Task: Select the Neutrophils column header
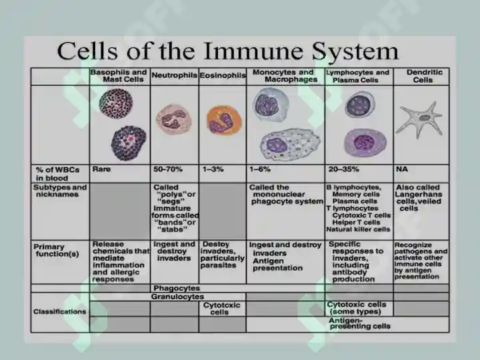pos(174,75)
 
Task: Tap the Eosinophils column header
pos(223,75)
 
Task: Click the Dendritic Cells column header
pos(424,76)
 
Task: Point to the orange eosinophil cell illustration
pos(224,121)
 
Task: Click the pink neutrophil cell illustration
pos(174,120)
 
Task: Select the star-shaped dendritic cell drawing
pos(420,120)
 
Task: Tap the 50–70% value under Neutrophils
pos(168,169)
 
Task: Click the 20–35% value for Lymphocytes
pos(343,169)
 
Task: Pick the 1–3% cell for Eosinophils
pos(213,169)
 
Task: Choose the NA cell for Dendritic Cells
pos(401,169)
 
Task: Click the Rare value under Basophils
pos(101,169)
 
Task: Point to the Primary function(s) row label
pos(57,251)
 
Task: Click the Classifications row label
pos(60,311)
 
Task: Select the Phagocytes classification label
pos(177,288)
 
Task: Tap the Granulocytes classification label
pos(177,297)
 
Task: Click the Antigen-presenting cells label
pos(359,323)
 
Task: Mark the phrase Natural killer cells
pos(358,229)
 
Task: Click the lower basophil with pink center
pos(129,143)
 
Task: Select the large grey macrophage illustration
pos(290,145)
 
